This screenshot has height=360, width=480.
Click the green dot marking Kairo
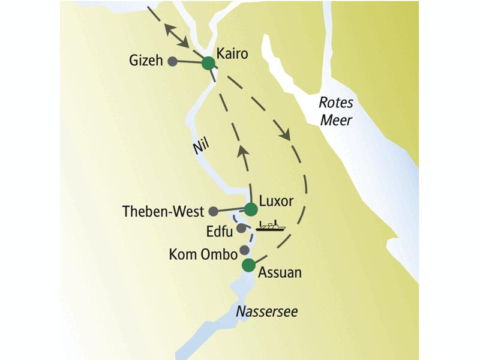(x=208, y=63)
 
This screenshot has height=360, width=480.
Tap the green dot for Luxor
(x=251, y=209)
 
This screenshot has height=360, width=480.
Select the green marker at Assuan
(x=248, y=266)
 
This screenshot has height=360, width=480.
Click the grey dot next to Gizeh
(x=172, y=61)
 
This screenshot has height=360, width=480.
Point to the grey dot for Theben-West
(x=213, y=211)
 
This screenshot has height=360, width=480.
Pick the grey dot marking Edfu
(x=241, y=229)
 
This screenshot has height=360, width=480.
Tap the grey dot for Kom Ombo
(x=244, y=250)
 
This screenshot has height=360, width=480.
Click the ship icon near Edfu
(x=271, y=226)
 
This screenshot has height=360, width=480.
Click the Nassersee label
(x=266, y=312)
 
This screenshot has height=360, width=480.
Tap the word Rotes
(x=336, y=103)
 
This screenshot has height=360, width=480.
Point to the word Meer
(x=335, y=120)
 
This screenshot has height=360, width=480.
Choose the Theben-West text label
(x=162, y=211)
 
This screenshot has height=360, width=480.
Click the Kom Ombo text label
(x=203, y=255)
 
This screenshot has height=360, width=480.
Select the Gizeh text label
(x=146, y=61)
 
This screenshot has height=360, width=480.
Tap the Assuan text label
(x=279, y=272)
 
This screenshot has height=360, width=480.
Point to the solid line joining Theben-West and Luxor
(x=232, y=210)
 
